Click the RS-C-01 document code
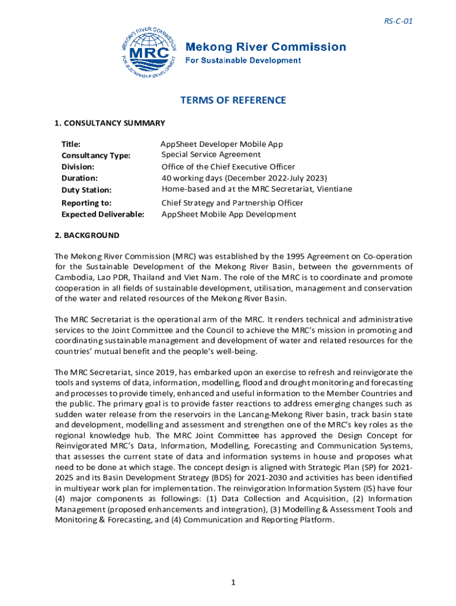coord(397,21)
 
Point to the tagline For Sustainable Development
coord(244,60)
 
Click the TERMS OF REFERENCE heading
coord(233,101)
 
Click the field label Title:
coord(71,144)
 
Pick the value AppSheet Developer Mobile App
coord(222,144)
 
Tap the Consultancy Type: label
coord(96,156)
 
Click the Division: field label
coord(78,167)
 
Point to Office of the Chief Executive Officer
coord(228,167)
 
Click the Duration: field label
coord(79,178)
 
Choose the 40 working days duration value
coord(244,178)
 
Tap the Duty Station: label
coord(86,190)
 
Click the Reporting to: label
coord(86,203)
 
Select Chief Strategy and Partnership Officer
coord(232,203)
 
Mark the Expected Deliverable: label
coord(103,214)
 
